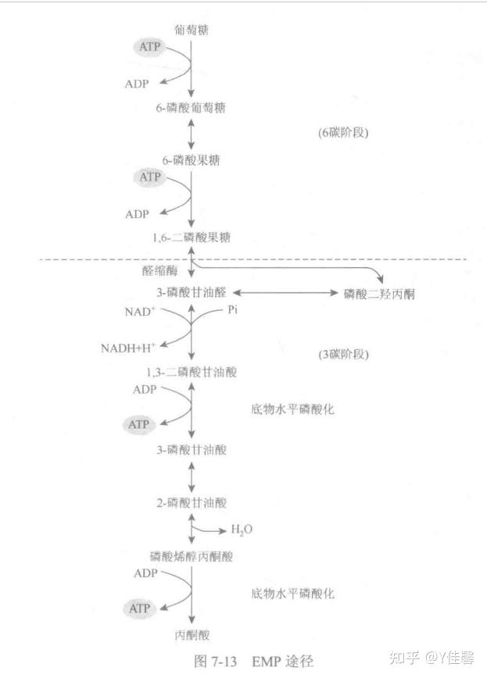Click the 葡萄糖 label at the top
point(192,30)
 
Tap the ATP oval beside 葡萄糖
point(149,48)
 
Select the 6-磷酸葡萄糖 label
point(192,107)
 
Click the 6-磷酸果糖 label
point(192,159)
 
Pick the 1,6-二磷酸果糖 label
point(192,237)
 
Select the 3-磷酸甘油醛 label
point(192,292)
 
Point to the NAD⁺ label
point(141,312)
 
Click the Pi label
point(232,311)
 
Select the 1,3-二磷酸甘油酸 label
point(192,373)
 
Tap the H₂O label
point(242,530)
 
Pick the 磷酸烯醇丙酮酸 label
point(192,556)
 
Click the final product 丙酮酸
point(192,635)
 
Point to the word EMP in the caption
point(266,661)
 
